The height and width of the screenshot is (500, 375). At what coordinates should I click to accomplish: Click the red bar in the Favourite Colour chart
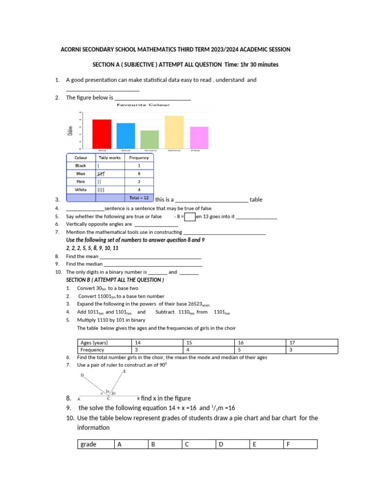pos(102,134)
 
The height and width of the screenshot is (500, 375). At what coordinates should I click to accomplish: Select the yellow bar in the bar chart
pos(174,132)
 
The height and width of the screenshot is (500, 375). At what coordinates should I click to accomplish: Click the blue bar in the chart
pos(126,136)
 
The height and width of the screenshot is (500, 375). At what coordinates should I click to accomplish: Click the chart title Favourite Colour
pos(143,104)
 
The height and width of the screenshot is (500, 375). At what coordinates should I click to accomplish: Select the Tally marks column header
pos(110,158)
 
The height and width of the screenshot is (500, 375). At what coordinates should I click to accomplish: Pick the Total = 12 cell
pos(139,198)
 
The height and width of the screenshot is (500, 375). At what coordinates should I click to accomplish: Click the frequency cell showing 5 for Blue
pos(139,173)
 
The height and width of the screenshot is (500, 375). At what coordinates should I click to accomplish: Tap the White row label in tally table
pos(81,189)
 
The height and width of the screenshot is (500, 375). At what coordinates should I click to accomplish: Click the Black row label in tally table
pos(81,166)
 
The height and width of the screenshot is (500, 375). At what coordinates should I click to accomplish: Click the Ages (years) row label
pos(94,343)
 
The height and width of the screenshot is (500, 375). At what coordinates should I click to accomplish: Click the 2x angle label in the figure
pos(113,393)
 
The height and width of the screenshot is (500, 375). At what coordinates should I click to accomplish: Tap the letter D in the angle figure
pos(82,375)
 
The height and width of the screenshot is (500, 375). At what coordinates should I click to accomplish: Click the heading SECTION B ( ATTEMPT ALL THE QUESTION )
pos(115,280)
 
